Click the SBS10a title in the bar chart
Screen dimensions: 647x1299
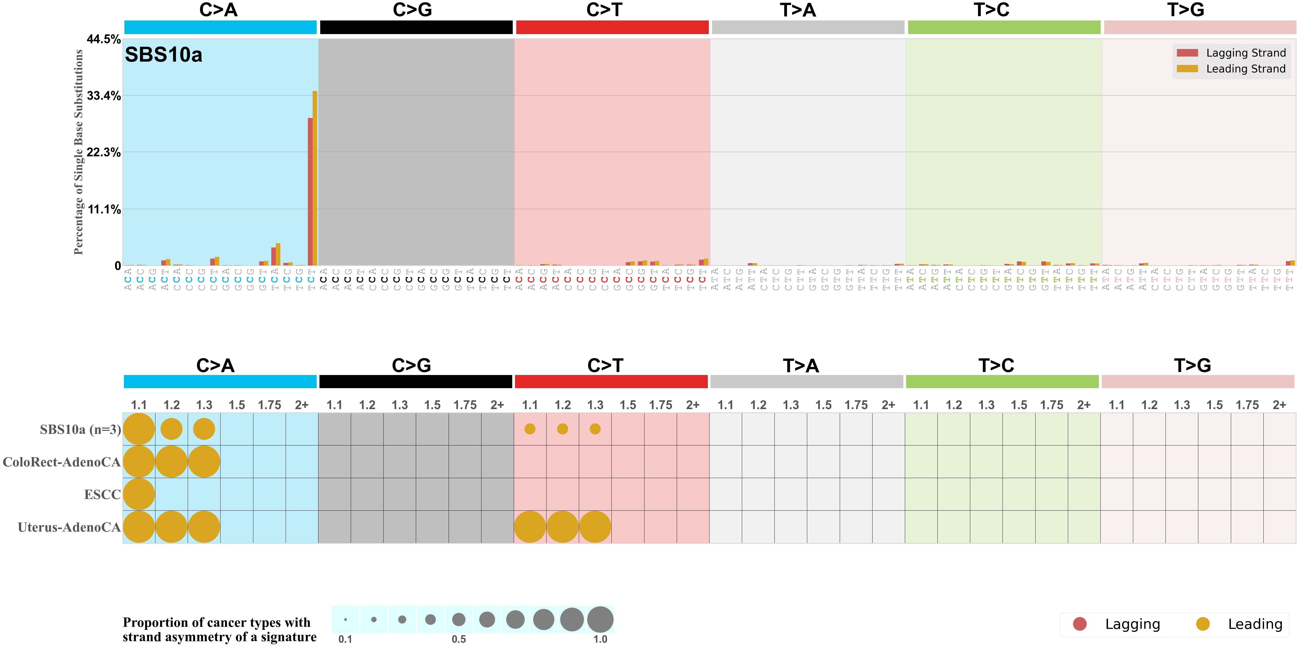[163, 55]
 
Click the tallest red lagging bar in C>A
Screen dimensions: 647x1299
[310, 192]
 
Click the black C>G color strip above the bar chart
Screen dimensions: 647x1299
[416, 27]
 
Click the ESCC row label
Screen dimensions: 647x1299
[102, 494]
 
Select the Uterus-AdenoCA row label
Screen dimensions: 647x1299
[69, 527]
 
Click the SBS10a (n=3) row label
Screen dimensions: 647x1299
[80, 430]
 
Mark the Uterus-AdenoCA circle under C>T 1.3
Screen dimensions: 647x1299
[595, 527]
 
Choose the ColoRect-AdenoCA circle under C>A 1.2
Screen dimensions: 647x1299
[171, 462]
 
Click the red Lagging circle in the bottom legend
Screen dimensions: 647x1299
[1080, 624]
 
